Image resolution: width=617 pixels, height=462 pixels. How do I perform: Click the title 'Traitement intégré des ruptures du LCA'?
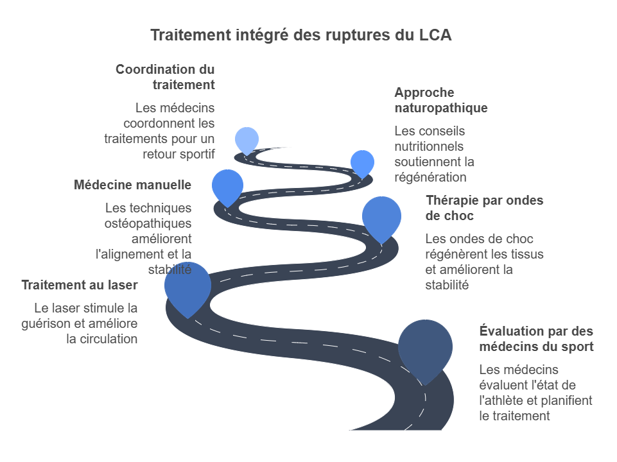coord(300,35)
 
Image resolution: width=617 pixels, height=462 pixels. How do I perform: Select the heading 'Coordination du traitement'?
coord(165,77)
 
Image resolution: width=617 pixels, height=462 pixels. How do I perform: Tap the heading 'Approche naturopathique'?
coord(440,100)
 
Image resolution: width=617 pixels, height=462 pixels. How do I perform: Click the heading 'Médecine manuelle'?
coord(132,185)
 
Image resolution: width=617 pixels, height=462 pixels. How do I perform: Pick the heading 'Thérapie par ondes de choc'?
coord(484,208)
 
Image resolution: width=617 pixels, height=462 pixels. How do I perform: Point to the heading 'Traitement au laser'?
coord(80,285)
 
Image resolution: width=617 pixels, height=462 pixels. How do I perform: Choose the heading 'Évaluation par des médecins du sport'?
coord(536,339)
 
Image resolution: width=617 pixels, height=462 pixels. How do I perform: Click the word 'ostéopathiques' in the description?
coord(148,223)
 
